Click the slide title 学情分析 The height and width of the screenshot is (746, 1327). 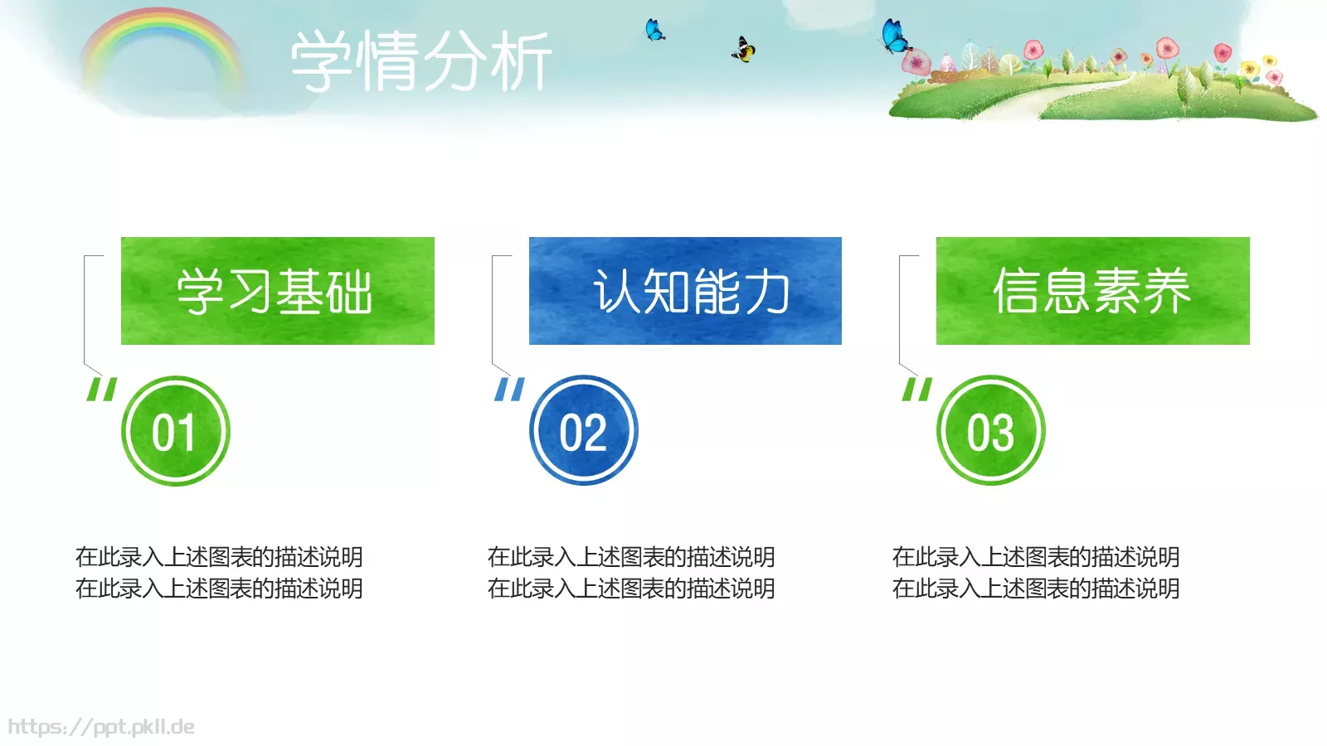point(421,61)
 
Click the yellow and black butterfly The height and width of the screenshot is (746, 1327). point(743,50)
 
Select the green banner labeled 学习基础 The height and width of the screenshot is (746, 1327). point(277,291)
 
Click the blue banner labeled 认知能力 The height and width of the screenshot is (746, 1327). point(685,291)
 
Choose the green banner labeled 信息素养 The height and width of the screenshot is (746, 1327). point(1092,291)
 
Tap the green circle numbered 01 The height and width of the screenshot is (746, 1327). point(175,431)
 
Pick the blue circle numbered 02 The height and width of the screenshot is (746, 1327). point(583,431)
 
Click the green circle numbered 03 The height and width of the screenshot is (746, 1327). point(990,431)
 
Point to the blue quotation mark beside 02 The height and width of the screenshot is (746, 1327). point(509,389)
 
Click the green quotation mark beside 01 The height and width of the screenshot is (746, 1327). point(102,389)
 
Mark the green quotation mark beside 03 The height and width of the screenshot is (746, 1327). point(917,389)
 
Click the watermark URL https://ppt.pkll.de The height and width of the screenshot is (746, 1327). point(101,727)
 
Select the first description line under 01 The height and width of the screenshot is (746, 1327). point(219,557)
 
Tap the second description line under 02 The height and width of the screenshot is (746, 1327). point(631,589)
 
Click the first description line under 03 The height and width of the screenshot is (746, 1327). point(1036,557)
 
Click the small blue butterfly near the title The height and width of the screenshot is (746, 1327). point(654,31)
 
